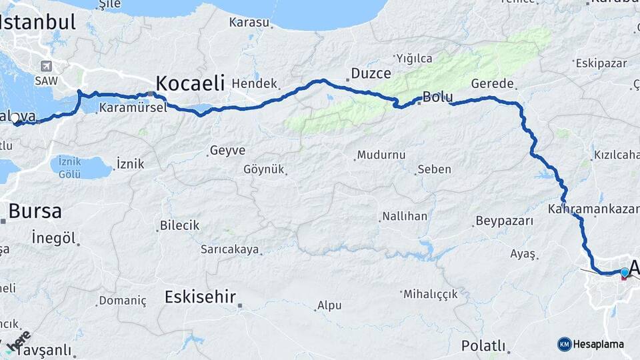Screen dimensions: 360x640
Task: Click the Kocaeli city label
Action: point(190,83)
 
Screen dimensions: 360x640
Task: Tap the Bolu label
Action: point(438,97)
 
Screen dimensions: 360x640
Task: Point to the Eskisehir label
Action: point(200,296)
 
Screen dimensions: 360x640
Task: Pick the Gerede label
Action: point(493,84)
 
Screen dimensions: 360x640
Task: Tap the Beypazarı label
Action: point(505,221)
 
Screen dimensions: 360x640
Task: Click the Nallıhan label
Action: point(404,217)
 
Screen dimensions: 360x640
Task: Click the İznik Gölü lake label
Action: point(69,167)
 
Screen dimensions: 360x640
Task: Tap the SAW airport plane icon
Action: point(46,66)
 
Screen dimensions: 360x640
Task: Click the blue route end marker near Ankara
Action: point(624,272)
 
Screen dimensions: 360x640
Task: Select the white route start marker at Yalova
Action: point(15,117)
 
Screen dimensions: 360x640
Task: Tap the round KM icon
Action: point(565,344)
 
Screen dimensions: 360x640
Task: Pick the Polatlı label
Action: point(483,346)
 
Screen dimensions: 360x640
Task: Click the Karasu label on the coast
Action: point(249,23)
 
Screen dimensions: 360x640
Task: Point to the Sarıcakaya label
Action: point(229,250)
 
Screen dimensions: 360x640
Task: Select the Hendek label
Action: point(255,84)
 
